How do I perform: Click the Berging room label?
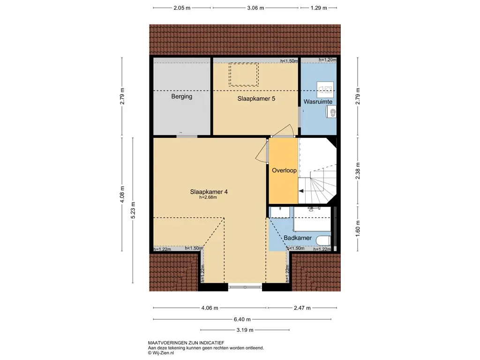click(x=181, y=97)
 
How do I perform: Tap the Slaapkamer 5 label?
click(x=256, y=99)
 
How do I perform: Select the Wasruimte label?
click(x=318, y=102)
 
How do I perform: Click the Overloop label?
click(x=285, y=171)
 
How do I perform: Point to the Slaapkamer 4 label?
click(x=209, y=192)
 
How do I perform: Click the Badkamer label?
click(x=298, y=238)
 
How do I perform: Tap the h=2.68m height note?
click(x=208, y=197)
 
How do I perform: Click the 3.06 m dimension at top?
click(x=255, y=8)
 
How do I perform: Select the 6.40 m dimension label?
click(x=242, y=319)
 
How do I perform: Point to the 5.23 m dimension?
click(x=133, y=210)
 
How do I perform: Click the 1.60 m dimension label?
click(x=358, y=229)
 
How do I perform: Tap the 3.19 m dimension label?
click(x=245, y=330)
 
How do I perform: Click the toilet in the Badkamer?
click(x=323, y=240)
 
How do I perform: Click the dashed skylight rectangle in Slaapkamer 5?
click(x=244, y=75)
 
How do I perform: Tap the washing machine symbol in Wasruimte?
click(x=325, y=89)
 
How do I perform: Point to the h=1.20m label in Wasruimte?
click(x=328, y=60)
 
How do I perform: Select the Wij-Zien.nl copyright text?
click(x=161, y=352)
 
